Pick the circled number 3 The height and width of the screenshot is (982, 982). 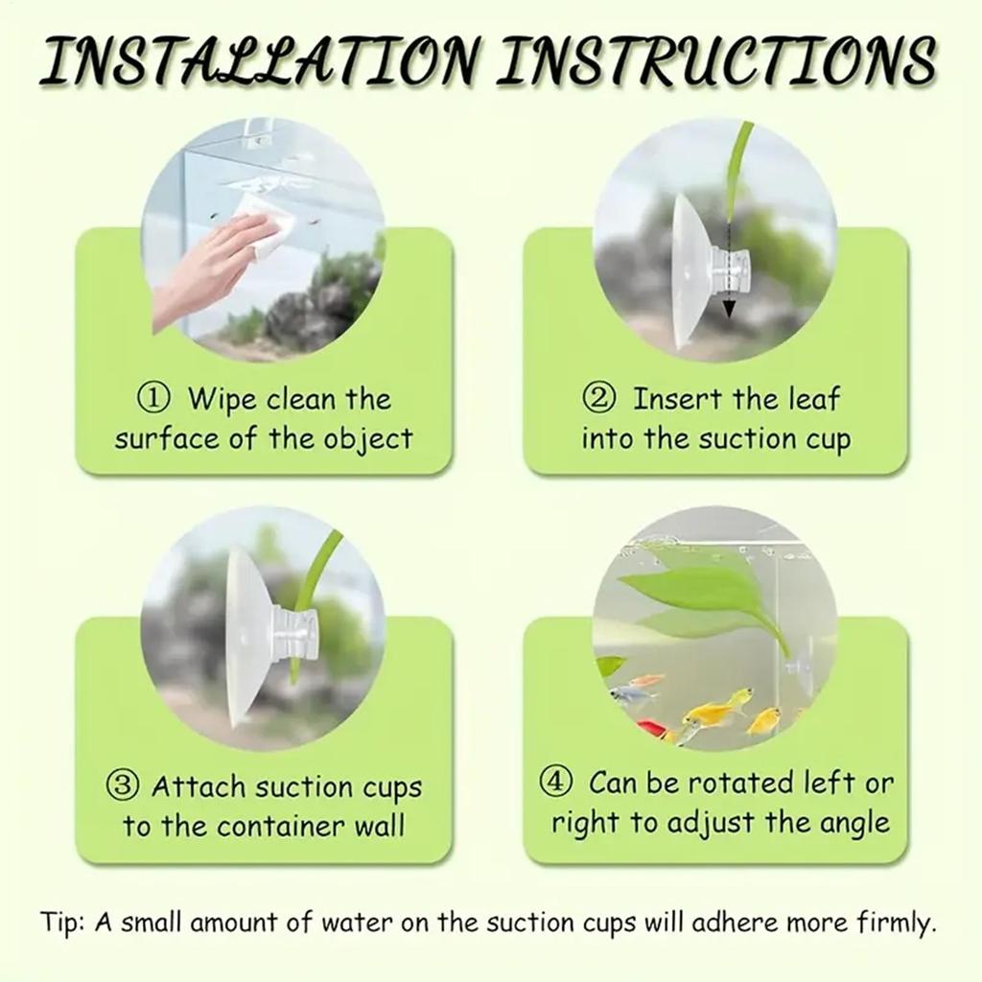pyautogui.click(x=121, y=787)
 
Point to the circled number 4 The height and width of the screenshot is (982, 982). pyautogui.click(x=557, y=783)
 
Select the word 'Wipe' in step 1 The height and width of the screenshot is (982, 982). pyautogui.click(x=222, y=398)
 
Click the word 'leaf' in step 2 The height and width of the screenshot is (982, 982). pyautogui.click(x=812, y=398)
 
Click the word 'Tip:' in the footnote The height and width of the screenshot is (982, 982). pyautogui.click(x=63, y=924)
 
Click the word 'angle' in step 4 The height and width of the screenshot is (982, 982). pyautogui.click(x=853, y=824)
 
